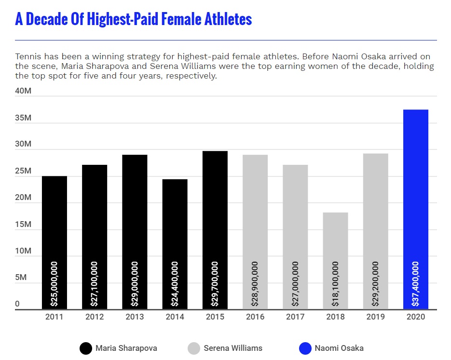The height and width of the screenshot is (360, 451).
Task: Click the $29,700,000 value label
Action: click(215, 284)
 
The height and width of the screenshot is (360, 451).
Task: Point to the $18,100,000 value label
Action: click(335, 284)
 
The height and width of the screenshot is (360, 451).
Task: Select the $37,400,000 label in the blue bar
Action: click(415, 284)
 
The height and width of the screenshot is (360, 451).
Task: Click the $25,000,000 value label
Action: click(54, 284)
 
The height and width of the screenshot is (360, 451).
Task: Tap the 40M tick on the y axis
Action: click(23, 91)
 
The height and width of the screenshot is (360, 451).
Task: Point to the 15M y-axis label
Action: click(23, 225)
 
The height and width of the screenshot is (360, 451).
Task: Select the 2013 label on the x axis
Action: click(135, 317)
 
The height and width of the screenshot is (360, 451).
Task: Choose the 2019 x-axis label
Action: click(375, 317)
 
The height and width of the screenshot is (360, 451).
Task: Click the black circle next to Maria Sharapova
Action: click(86, 348)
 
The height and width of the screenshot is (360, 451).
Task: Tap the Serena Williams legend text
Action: click(232, 348)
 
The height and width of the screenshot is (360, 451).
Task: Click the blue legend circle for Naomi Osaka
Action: click(305, 348)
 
